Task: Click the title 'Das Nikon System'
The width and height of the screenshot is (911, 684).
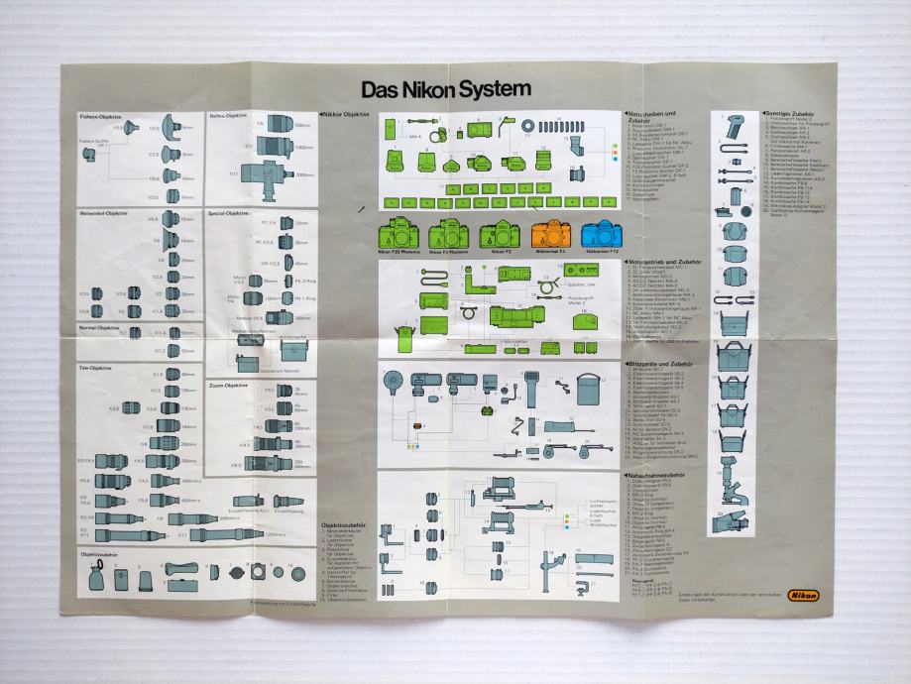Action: [445, 90]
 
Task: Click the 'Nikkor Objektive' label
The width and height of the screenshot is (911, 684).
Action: [349, 115]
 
